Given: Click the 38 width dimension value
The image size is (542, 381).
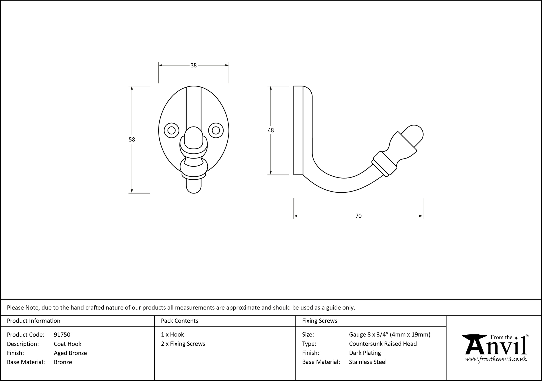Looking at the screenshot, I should click(193, 65).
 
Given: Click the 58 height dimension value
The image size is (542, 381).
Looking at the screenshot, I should click(132, 140).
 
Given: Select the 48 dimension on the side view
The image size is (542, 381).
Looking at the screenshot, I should click(271, 130).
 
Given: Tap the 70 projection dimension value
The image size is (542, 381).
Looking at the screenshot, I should click(358, 216).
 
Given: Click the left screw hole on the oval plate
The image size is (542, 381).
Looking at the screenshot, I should click(172, 131).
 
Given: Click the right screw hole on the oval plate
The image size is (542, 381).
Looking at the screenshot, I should click(216, 131).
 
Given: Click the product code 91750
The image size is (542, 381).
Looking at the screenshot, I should click(62, 335).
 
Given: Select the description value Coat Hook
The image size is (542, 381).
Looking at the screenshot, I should click(67, 344).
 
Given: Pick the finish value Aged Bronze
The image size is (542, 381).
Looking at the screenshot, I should click(70, 353).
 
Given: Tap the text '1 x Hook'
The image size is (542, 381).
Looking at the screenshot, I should click(172, 334).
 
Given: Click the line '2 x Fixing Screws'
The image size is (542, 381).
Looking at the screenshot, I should click(183, 344).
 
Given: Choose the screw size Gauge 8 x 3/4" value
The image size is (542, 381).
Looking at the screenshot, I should click(389, 334).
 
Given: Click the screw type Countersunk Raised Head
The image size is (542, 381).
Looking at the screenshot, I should click(383, 344).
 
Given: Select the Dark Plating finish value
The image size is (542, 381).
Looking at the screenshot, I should click(365, 353).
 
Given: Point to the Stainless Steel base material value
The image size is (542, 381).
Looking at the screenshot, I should click(367, 362).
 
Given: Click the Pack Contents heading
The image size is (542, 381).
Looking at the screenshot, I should click(179, 321).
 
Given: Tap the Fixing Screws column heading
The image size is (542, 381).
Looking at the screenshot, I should click(320, 321).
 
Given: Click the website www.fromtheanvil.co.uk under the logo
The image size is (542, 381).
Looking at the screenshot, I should click(496, 359).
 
